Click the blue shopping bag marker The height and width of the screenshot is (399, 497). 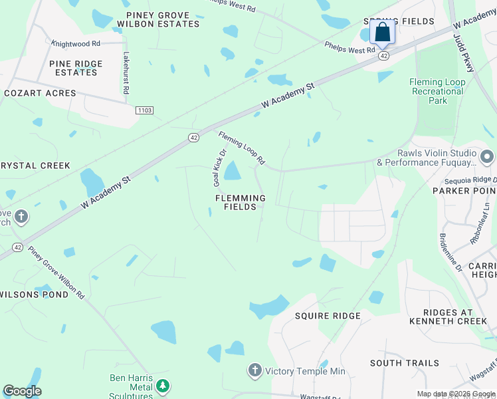tap(383, 31)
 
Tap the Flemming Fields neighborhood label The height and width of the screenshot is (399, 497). tap(240, 203)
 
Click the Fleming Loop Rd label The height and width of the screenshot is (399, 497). tap(242, 148)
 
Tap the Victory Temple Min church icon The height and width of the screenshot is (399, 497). tap(254, 370)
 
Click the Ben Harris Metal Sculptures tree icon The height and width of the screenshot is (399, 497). tap(162, 385)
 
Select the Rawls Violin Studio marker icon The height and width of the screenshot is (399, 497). tap(487, 158)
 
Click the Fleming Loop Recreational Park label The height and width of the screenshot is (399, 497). tap(437, 91)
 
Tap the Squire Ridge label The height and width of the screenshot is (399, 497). tap(328, 316)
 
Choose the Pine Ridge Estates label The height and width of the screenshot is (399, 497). tap(76, 68)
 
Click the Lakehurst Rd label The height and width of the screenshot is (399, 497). tap(126, 73)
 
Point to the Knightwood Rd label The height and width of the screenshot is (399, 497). tap(76, 43)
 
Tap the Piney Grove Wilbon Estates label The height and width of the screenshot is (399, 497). tap(158, 19)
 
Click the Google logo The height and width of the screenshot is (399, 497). tap(22, 391)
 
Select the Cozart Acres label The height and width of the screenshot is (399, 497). tap(40, 93)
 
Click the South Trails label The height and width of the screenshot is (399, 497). tap(405, 363)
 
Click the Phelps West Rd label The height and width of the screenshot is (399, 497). tap(350, 49)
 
